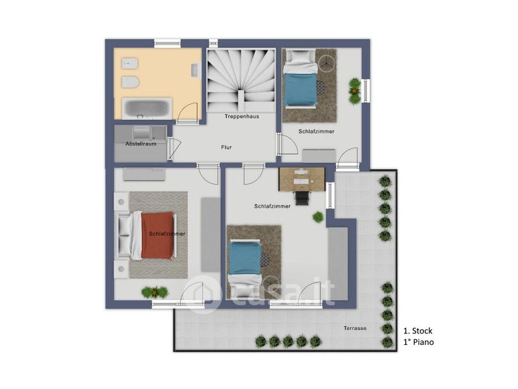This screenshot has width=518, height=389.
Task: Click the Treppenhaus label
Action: pos(242,117)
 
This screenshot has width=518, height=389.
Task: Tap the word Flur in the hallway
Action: pos(226,147)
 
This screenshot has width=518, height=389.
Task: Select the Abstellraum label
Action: pos(141,144)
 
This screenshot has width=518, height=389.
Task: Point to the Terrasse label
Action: pos(355,328)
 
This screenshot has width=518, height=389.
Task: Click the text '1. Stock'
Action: pos(418,331)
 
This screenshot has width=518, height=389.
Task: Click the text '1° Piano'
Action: pos(418,342)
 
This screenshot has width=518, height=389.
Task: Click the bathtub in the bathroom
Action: pos(147,108)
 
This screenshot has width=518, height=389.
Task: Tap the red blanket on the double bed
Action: pos(157,235)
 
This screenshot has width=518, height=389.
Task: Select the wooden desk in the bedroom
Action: pos(302,179)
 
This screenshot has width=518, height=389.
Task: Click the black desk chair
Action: pos(302,198)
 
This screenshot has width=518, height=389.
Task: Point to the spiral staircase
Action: pos(241,80)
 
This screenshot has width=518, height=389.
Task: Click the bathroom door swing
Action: pos(187,113)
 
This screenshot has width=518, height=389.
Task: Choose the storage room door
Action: pos(174,148)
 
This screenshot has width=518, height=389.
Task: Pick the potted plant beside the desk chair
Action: pos(318,217)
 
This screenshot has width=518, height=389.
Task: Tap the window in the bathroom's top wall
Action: pos(168,43)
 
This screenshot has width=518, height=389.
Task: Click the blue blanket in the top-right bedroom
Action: pos(300,88)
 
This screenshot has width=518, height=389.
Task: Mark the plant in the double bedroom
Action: pos(155,292)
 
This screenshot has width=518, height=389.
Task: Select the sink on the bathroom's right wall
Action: pos(196,70)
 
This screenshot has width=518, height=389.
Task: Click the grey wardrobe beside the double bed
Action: pos(210,235)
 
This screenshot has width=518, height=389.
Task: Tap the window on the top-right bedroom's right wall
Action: pos(366,90)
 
